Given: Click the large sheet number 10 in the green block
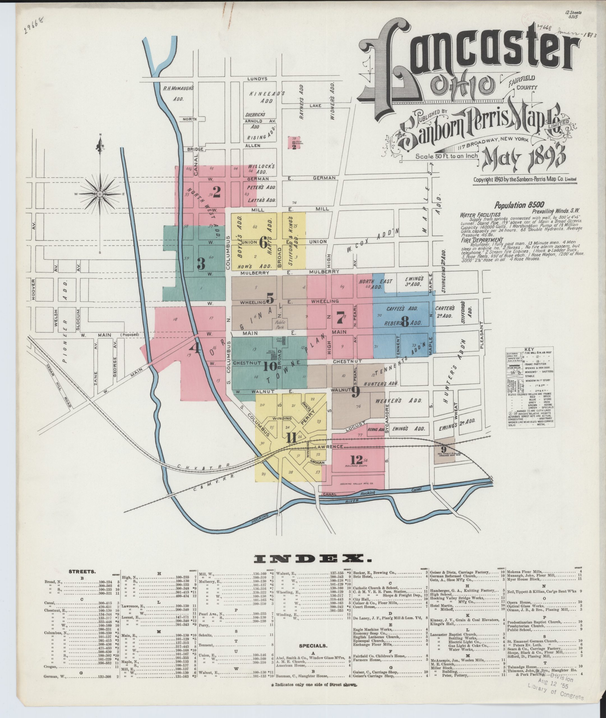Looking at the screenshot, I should point(270,367).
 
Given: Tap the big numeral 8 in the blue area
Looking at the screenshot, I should point(405,321).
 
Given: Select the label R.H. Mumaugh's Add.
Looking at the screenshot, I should point(179,93).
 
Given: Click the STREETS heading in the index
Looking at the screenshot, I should point(82,572).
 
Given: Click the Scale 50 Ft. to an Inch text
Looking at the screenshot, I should point(447,156).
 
